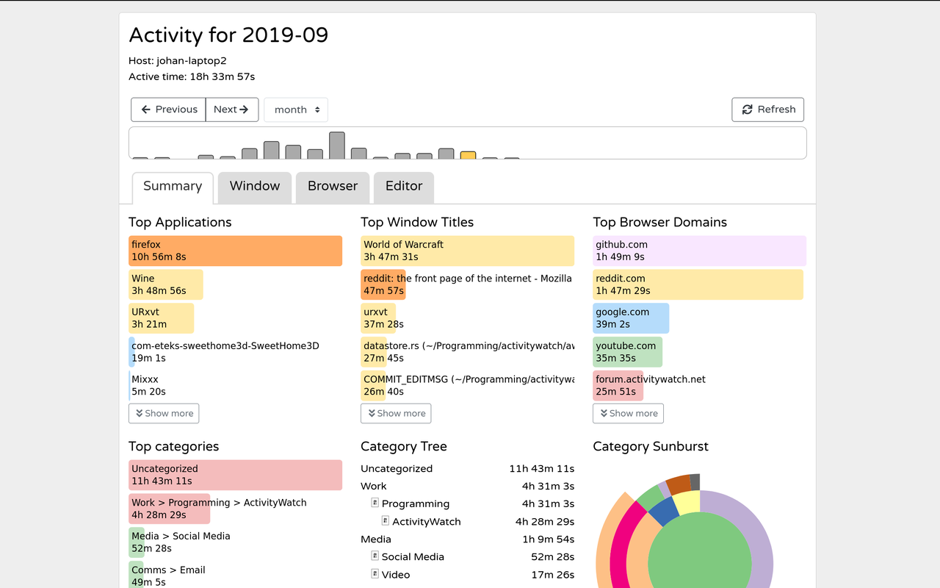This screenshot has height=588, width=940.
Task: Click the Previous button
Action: (168, 110)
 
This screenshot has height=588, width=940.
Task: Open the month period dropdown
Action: (296, 110)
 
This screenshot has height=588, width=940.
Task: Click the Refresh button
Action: (768, 110)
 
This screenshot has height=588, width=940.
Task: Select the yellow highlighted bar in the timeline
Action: (468, 155)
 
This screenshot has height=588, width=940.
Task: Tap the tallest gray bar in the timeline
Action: (337, 146)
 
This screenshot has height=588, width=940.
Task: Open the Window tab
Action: (255, 187)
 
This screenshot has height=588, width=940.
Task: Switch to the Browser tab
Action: (333, 187)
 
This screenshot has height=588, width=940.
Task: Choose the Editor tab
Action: (404, 187)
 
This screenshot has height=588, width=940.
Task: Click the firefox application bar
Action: (235, 251)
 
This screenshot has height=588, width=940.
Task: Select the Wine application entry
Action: (165, 284)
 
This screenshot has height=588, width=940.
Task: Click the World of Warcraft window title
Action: (467, 251)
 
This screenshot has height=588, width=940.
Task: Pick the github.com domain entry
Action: (699, 251)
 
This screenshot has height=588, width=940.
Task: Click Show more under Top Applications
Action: (164, 414)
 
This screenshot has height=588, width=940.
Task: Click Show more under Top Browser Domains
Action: (628, 414)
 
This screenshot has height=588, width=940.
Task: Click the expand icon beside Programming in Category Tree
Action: (375, 503)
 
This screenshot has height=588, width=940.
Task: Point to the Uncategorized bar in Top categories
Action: (235, 475)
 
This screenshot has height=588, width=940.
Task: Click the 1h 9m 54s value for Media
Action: (548, 539)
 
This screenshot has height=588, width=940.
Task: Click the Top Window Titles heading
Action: (417, 223)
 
